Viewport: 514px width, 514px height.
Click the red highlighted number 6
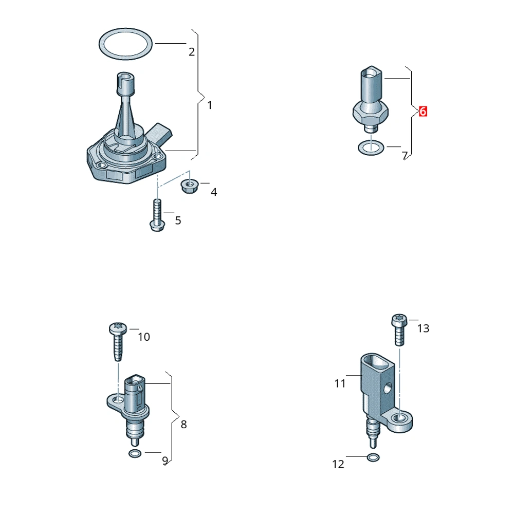coord(423,112)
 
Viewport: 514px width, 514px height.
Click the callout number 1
coord(210,105)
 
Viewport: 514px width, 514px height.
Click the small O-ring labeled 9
coord(135,451)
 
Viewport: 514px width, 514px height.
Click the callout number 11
coord(340,383)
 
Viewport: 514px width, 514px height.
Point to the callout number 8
coord(183,424)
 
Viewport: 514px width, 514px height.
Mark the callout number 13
coord(423,328)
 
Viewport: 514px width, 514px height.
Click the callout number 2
coord(191,52)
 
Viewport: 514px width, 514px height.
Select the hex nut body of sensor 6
coord(371,113)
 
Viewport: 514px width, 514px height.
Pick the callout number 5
coord(178,221)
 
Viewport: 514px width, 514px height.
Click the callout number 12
coord(338,464)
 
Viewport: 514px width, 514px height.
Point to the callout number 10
coord(144,337)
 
